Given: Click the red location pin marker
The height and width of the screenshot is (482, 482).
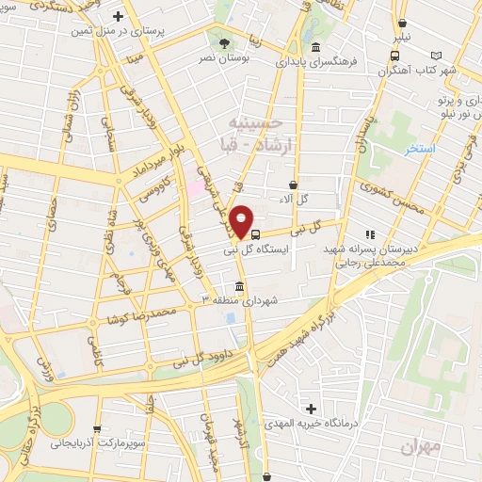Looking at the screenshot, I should click(x=243, y=221).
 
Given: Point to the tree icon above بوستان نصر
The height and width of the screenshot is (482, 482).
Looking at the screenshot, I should click(x=223, y=43).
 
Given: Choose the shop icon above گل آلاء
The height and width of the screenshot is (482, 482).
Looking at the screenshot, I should click(x=294, y=185).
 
